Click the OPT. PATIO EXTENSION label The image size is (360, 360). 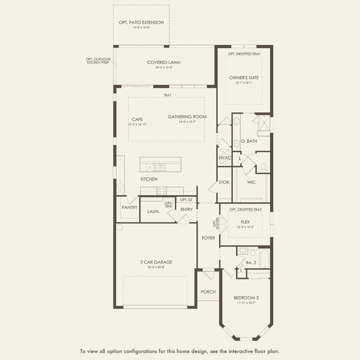click(141, 22)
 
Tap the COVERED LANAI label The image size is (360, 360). click(164, 62)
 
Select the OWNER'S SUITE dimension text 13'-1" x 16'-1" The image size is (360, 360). click(244, 83)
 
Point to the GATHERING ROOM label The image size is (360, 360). click(187, 117)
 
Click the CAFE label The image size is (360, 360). click(137, 119)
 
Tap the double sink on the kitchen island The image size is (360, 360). click(160, 168)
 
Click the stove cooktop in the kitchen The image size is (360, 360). click(162, 190)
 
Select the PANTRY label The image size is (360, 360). click(129, 207)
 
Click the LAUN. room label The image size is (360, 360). click(153, 212)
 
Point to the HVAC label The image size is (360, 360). click(225, 158)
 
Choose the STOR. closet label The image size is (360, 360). click(224, 182)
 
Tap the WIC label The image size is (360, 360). click(251, 182)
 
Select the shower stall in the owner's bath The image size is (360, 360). click(264, 123)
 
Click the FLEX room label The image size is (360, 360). click(245, 222)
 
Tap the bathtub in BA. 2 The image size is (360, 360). click(264, 258)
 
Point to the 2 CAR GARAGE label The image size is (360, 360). click(156, 262)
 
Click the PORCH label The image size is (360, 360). click(208, 292)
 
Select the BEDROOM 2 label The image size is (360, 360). click(246, 298)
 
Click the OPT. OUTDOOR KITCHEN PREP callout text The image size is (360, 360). click(98, 61)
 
